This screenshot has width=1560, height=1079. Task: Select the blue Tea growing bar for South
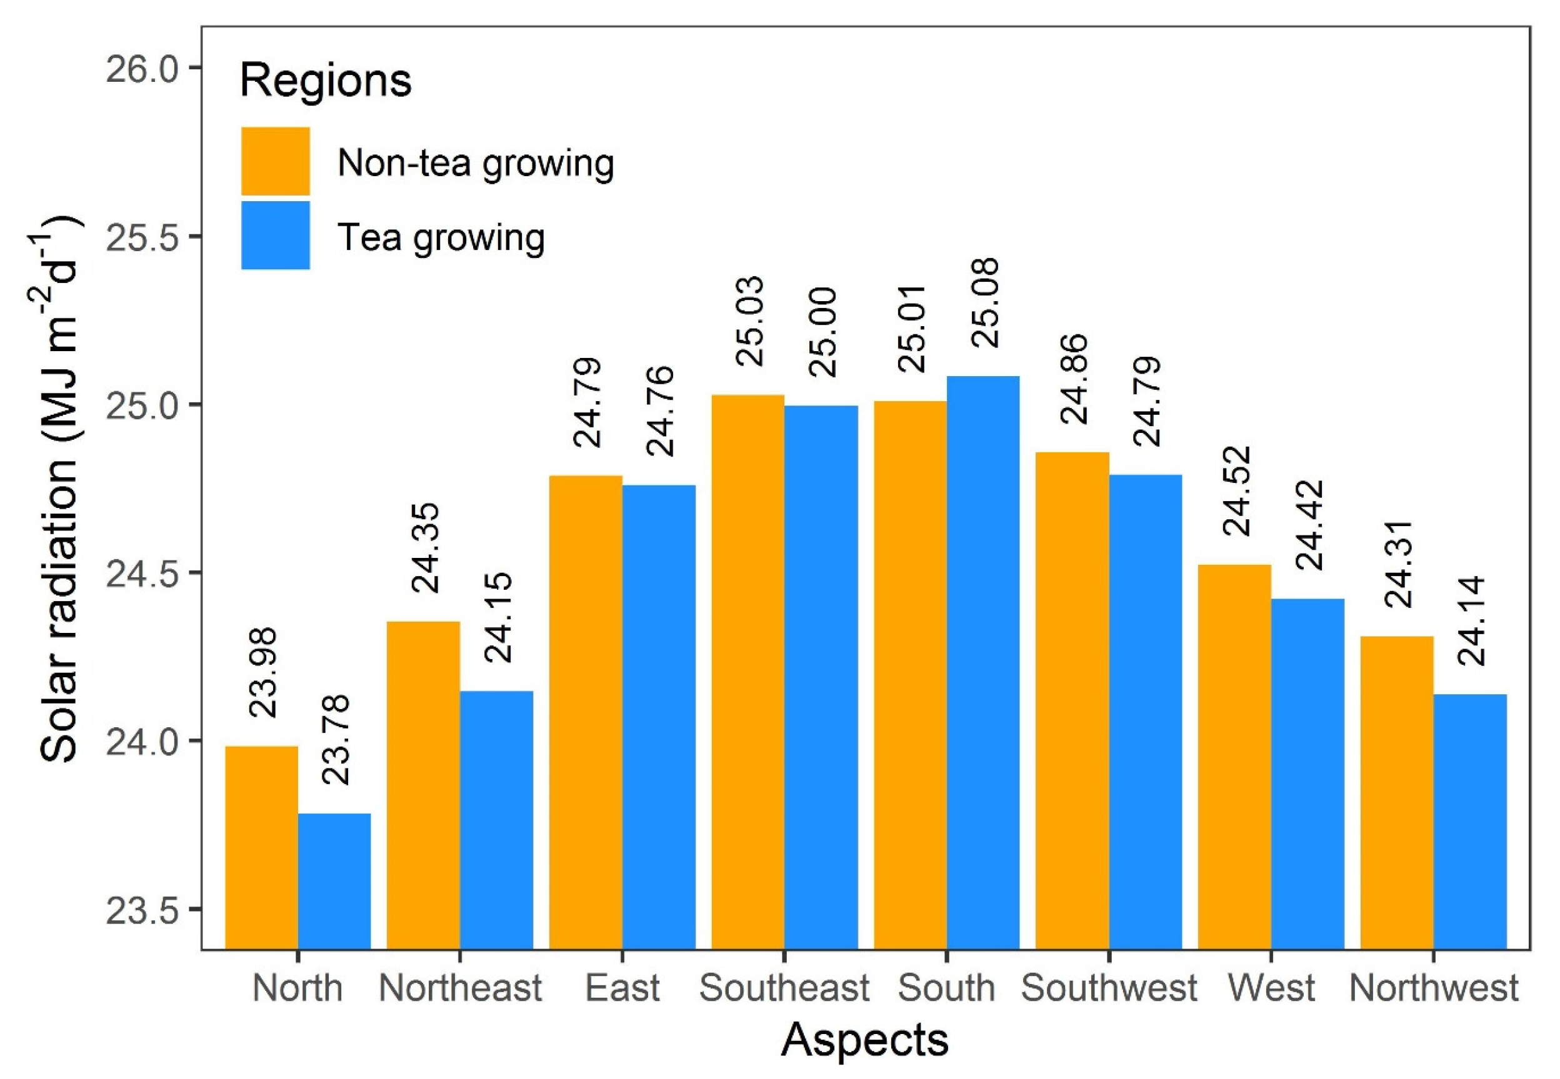(x=982, y=662)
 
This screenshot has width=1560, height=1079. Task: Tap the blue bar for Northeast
(x=496, y=819)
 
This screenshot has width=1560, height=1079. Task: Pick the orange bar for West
(x=1234, y=757)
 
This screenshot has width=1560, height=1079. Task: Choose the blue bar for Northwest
(x=1470, y=821)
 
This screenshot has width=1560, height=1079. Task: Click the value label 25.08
(x=984, y=304)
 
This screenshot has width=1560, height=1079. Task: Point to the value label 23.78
(x=335, y=740)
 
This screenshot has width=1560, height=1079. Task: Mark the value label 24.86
(x=1073, y=379)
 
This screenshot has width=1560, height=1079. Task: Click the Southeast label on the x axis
(x=784, y=988)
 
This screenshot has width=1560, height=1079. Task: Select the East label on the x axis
(x=622, y=988)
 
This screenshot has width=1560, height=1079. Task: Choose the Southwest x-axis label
(x=1108, y=988)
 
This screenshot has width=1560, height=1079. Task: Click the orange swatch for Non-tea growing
(x=275, y=161)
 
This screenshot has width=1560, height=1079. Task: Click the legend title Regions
(x=325, y=81)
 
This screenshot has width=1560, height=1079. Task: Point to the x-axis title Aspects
(x=864, y=1040)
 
